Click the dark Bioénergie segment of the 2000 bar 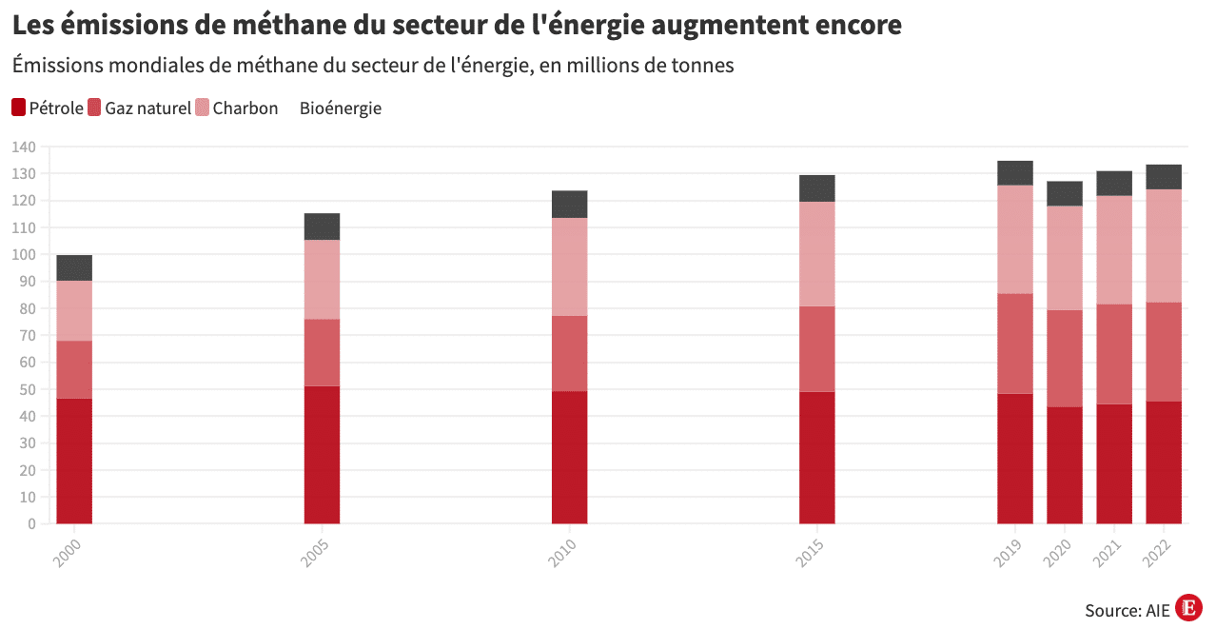(x=74, y=267)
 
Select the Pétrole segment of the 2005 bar (x=322, y=454)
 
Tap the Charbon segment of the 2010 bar (x=569, y=266)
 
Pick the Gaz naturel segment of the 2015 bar (x=816, y=348)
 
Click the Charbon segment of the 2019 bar (x=1014, y=239)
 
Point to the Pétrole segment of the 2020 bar (x=1064, y=464)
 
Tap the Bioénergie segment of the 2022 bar (x=1164, y=177)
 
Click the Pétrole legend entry (x=47, y=108)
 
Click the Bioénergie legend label (x=340, y=108)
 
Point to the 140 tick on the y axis (x=24, y=147)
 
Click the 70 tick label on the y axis (x=27, y=336)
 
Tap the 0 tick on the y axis (x=31, y=523)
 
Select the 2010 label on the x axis (x=563, y=553)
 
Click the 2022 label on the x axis (x=1158, y=553)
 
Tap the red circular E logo (x=1188, y=608)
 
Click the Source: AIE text (x=1127, y=610)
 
